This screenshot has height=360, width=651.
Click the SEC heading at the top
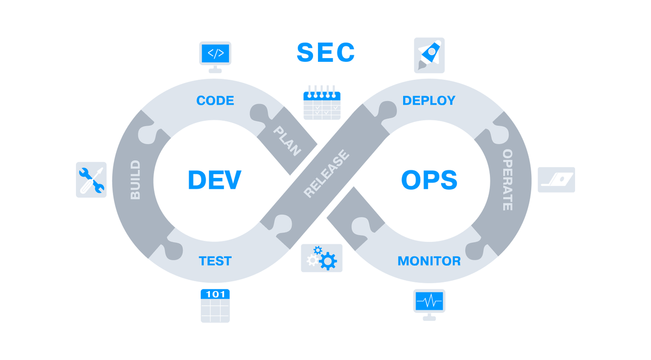pos(326,53)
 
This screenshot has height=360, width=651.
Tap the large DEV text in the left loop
pos(214,180)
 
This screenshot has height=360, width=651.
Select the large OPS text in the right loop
pos(429,180)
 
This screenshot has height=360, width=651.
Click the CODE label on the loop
pos(215,101)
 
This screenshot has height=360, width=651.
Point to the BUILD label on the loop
pos(136,180)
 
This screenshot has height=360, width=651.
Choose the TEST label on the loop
pos(215,261)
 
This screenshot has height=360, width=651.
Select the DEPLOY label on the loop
pos(429,101)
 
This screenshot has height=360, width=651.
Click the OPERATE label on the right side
pos(508,180)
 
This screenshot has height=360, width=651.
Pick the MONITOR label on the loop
pos(429,261)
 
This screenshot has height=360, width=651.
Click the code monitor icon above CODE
pos(215,56)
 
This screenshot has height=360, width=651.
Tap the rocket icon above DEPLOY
pos(429,55)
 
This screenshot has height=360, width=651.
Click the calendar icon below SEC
pos(322,102)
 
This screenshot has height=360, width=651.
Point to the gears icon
pos(322,258)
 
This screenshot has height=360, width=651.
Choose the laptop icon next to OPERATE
pos(557,179)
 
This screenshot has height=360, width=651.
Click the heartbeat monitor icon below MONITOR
pos(429,304)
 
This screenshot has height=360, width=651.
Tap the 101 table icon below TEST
pos(215,306)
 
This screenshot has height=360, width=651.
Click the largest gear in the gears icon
pos(328,262)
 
